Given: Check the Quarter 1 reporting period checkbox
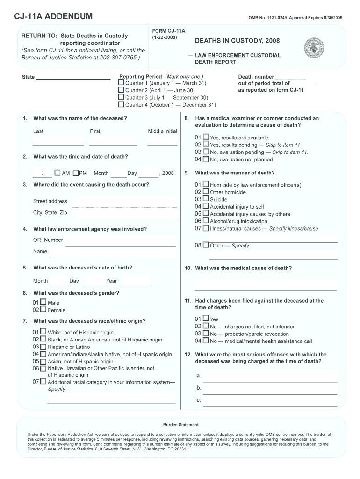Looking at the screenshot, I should [x=121, y=83].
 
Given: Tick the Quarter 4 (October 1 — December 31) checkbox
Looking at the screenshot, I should [x=121, y=104].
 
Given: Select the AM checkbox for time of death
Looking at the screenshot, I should [x=58, y=173].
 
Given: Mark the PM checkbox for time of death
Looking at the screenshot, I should [x=76, y=173].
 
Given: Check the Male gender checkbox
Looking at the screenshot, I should [x=43, y=302].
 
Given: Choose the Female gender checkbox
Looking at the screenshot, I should [x=43, y=309].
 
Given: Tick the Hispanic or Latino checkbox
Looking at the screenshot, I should [x=43, y=347].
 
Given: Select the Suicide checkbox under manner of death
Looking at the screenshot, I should [x=206, y=199].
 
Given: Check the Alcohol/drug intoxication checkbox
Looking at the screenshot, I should [x=206, y=221].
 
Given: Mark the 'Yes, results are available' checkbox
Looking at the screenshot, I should [x=206, y=138].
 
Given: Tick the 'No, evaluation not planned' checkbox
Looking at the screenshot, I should [x=206, y=159].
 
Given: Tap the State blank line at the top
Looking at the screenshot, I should [x=73, y=77].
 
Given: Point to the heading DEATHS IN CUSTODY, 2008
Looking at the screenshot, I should [x=237, y=41].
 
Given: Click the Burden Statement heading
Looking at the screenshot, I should [x=180, y=425].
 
